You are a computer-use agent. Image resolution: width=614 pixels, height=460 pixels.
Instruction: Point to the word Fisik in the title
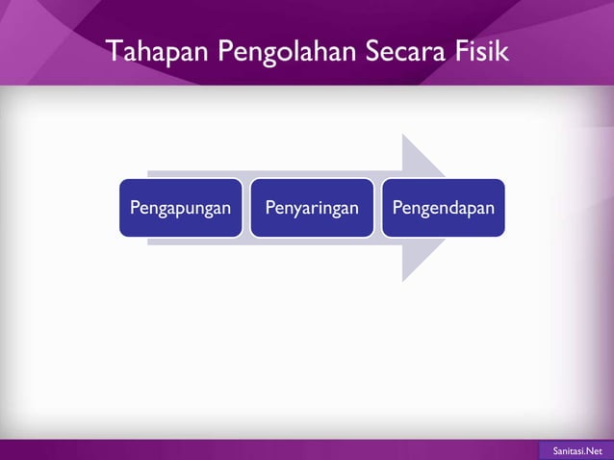click(484, 51)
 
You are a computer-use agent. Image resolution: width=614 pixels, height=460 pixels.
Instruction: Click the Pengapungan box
click(181, 208)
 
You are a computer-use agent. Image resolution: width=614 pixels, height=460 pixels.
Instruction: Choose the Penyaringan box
click(312, 208)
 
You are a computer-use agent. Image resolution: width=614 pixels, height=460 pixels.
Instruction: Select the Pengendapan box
click(443, 208)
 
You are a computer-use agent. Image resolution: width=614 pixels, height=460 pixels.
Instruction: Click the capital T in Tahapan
click(115, 51)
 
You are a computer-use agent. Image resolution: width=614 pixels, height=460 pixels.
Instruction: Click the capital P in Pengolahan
click(225, 51)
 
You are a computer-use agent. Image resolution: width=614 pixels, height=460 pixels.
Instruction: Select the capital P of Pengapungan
click(135, 208)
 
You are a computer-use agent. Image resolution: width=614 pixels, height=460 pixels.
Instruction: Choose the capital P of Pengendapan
click(396, 208)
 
